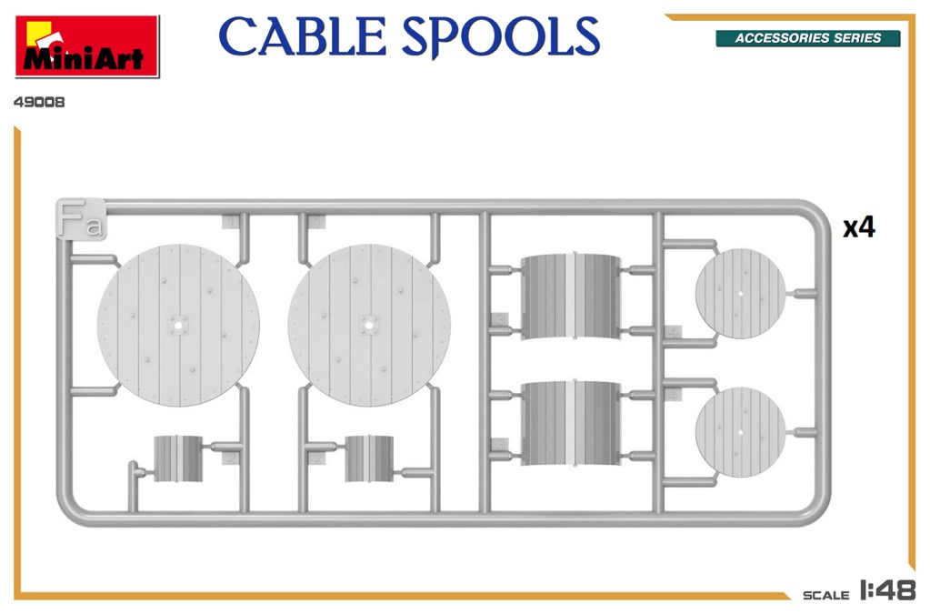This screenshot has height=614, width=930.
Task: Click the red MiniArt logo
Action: coord(87,46)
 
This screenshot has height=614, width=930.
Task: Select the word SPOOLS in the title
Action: coord(501,38)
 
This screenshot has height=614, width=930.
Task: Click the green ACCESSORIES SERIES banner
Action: coord(808,38)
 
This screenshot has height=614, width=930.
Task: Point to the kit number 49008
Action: coord(39,102)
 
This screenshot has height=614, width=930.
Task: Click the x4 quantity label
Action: coord(859,227)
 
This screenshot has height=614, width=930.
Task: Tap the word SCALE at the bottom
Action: coord(825,595)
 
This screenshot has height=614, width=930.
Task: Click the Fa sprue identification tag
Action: coord(81,219)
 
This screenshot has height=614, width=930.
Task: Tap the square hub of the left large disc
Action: coord(178,325)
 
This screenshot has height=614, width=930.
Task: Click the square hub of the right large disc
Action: coord(369,325)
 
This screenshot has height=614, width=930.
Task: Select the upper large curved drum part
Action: coord(571,297)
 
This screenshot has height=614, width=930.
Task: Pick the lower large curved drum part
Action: coord(571,422)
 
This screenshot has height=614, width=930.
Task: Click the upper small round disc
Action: coord(740,294)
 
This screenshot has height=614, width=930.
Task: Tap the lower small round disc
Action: coord(740,432)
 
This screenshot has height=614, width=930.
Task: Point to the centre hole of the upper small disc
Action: coord(740,294)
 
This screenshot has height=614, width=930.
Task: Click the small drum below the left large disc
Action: coord(178,458)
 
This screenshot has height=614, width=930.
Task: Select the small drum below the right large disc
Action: coord(369,458)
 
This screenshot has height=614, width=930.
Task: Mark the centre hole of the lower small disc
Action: coord(740,432)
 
